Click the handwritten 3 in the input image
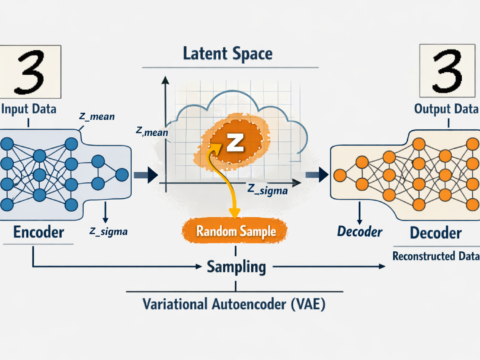(31, 71)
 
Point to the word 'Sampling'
(235, 268)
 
